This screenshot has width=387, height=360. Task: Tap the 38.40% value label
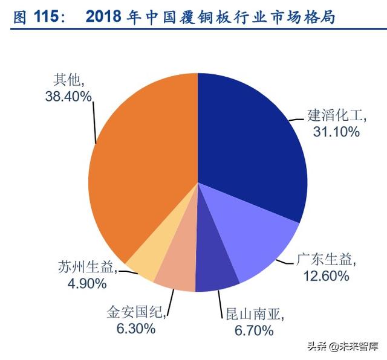68,95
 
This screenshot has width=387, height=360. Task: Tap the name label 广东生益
323,260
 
